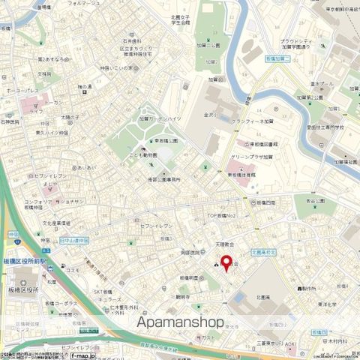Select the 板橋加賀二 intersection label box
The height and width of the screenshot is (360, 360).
[283, 58]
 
